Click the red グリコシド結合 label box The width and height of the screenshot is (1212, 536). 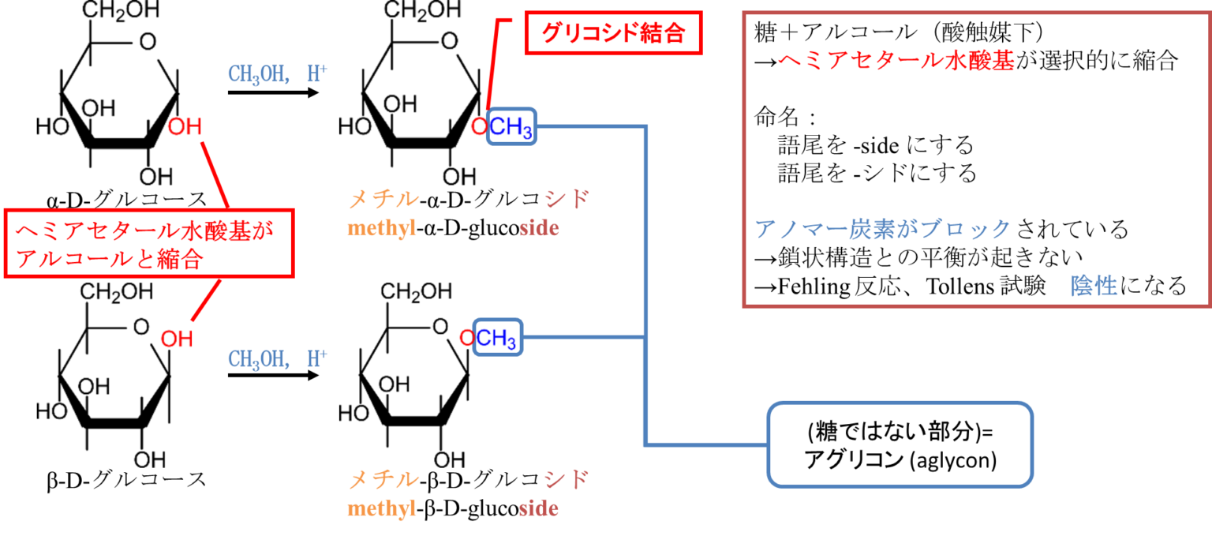[x=613, y=34]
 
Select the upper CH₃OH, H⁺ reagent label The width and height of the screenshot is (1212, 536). [x=277, y=74]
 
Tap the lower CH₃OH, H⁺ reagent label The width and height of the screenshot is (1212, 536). [x=277, y=358]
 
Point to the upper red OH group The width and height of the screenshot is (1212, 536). [x=184, y=127]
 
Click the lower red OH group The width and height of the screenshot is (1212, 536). [x=177, y=339]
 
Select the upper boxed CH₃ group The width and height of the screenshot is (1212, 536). [x=511, y=127]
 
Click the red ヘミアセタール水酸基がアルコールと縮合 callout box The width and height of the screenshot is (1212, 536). [x=149, y=243]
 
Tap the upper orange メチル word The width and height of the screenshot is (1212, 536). [x=383, y=199]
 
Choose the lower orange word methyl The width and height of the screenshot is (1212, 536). [x=382, y=508]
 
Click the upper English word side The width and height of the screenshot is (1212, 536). [x=539, y=229]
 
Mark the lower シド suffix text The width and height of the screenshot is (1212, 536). [x=566, y=479]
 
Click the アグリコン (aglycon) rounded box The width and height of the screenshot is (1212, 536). [x=900, y=446]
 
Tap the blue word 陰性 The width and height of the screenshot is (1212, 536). [x=1094, y=286]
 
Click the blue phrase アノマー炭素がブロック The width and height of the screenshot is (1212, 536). [x=882, y=230]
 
